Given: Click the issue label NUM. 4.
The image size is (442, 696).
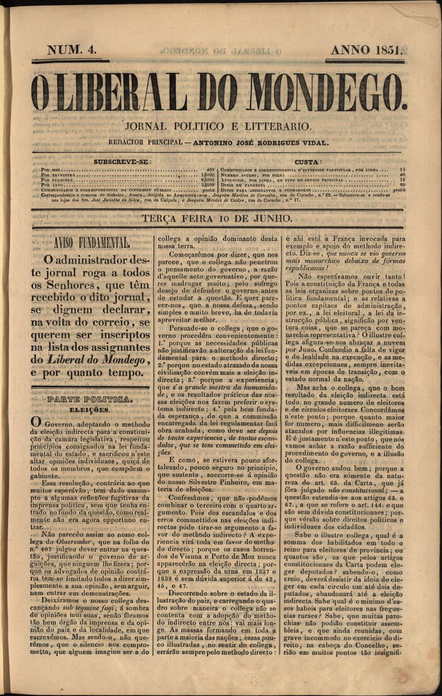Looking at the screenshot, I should [72, 50].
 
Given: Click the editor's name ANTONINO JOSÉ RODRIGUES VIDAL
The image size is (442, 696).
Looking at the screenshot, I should [264, 143].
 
